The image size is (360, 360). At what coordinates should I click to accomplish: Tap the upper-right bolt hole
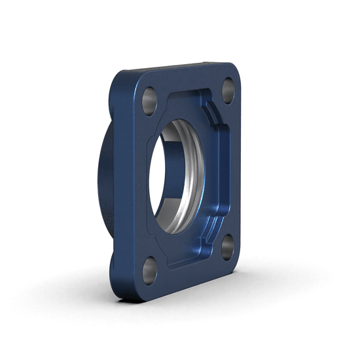(x=228, y=88)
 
